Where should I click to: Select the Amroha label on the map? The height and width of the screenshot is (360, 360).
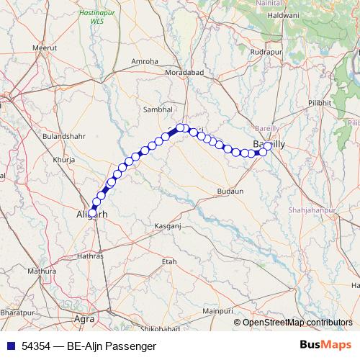point(145,62)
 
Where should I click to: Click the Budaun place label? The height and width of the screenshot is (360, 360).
point(230,192)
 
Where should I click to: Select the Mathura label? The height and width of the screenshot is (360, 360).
point(40,272)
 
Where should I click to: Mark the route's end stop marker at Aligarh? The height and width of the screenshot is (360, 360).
point(92,212)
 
